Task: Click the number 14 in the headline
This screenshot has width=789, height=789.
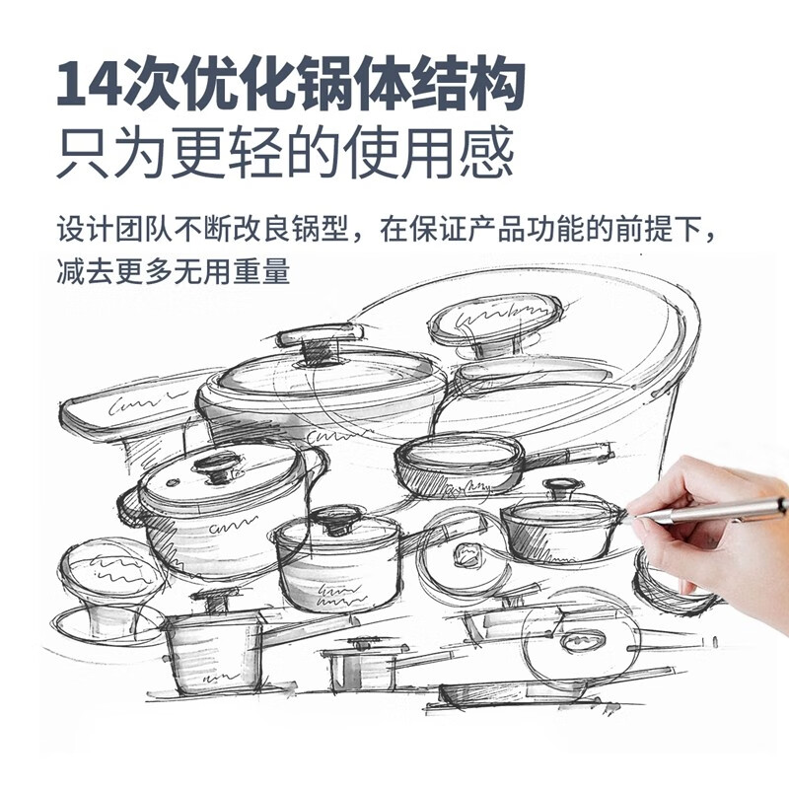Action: tap(90, 84)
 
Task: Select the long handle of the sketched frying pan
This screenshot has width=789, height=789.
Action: tap(572, 455)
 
